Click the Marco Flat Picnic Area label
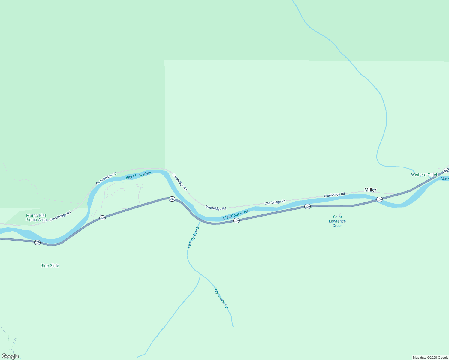[36, 217]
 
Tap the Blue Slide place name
[50, 265]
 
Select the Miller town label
[370, 190]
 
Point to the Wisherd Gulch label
[425, 175]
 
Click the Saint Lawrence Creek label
[337, 221]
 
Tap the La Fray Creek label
[193, 237]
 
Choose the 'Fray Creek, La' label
[221, 298]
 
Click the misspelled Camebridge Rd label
[106, 178]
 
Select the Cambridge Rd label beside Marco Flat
[60, 216]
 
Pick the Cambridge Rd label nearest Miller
[334, 195]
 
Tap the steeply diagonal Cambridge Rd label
[179, 182]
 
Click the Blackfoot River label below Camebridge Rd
[139, 175]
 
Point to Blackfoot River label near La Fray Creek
[236, 214]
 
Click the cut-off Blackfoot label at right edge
[444, 178]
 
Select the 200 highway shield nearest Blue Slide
[37, 242]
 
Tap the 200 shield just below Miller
[379, 199]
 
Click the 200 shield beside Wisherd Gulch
[446, 171]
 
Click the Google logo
[10, 356]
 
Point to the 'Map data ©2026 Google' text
[430, 358]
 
